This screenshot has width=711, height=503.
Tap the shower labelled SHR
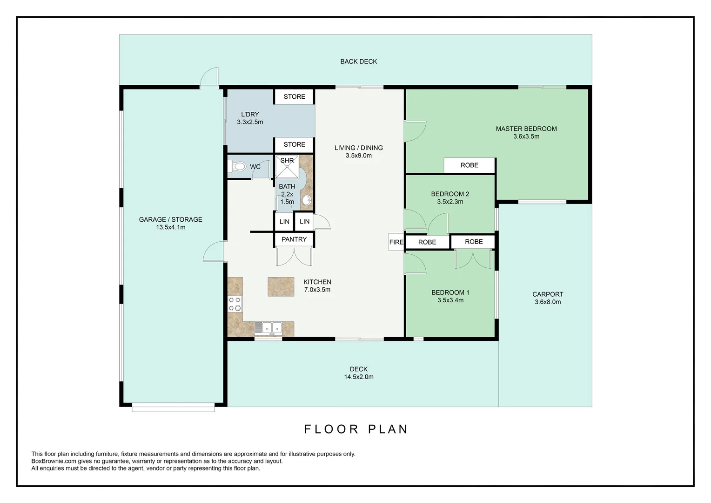pyautogui.click(x=287, y=167)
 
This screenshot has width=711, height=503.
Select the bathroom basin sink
pyautogui.click(x=307, y=201)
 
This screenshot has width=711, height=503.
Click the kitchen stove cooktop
pyautogui.click(x=235, y=304)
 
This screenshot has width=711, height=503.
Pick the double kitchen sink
pyautogui.click(x=268, y=328)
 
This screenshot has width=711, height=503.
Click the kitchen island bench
pyautogui.click(x=281, y=287)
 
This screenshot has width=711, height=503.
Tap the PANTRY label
pyautogui.click(x=294, y=239)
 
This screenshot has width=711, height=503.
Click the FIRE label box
pyautogui.click(x=396, y=242)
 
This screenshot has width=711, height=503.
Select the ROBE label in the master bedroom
pyautogui.click(x=469, y=165)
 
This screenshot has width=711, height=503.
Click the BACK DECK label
pyautogui.click(x=358, y=61)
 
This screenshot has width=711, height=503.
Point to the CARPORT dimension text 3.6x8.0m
pyautogui.click(x=548, y=302)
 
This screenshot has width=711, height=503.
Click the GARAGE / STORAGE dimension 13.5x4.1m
pyautogui.click(x=170, y=227)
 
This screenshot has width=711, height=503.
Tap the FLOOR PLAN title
pyautogui.click(x=356, y=429)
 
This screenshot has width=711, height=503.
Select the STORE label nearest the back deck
pyautogui.click(x=295, y=97)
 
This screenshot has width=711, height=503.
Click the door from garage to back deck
pyautogui.click(x=209, y=78)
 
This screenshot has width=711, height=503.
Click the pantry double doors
pyautogui.click(x=294, y=257)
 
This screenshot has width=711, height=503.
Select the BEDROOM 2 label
pyautogui.click(x=450, y=194)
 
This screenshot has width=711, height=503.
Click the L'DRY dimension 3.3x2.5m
pyautogui.click(x=250, y=122)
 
